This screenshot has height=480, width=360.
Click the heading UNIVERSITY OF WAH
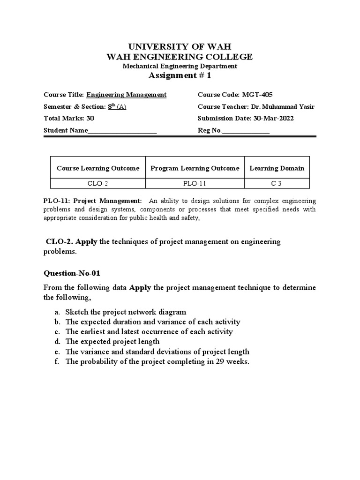(180, 46)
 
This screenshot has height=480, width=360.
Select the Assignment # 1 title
(180, 76)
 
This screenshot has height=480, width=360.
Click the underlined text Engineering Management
(126, 95)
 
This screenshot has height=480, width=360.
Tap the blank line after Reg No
(246, 131)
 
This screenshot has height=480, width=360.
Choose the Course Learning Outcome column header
(98, 168)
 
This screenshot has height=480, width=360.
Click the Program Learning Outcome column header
(195, 168)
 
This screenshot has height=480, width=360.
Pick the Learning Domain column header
(277, 168)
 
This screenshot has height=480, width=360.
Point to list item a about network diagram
(126, 312)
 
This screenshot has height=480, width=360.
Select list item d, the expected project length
(112, 342)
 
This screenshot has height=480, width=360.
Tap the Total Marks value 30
(90, 119)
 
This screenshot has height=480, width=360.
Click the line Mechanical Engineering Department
(180, 66)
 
